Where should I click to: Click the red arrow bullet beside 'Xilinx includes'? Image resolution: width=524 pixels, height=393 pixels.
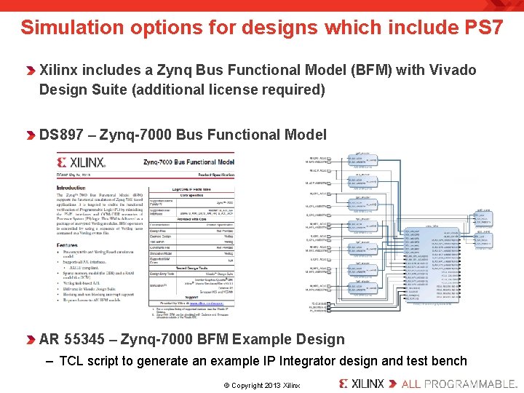31,71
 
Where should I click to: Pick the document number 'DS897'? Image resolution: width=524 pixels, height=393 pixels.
63,135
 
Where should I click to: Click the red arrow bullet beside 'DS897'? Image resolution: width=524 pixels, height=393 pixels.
31,135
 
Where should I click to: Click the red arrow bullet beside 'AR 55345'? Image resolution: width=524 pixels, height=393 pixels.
31,340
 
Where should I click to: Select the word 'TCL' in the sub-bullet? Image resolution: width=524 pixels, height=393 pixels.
71,361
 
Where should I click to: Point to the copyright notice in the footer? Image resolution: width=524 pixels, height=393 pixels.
261,384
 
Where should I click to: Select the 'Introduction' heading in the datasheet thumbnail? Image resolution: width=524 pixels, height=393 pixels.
71,188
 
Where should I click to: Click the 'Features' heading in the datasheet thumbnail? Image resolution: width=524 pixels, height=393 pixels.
68,246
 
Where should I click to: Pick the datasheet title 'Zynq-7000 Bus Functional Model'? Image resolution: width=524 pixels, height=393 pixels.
188,163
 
